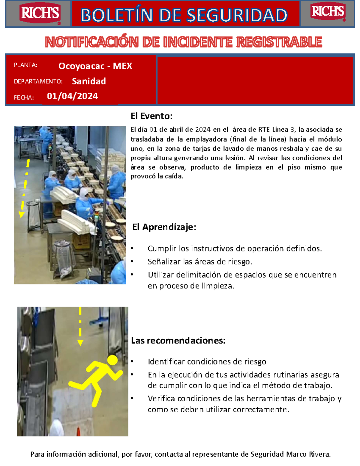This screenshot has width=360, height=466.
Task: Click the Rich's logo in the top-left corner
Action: point(40,14)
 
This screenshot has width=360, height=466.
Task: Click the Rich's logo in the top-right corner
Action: point(328,12)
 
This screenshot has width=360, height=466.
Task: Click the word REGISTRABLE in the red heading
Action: point(279,42)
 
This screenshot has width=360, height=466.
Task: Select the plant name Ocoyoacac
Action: point(81,66)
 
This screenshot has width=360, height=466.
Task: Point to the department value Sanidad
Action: point(89,81)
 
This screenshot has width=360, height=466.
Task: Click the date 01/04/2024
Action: point(72,96)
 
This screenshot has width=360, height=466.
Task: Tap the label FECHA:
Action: point(24,98)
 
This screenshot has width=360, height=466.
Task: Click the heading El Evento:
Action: point(151,116)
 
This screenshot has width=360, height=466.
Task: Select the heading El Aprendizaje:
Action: point(164,227)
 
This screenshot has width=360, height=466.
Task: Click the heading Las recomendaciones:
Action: point(178,341)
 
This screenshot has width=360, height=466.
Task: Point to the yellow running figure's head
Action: point(112,360)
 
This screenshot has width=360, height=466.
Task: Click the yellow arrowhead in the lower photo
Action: point(80,342)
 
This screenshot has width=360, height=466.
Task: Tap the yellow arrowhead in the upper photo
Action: point(22,214)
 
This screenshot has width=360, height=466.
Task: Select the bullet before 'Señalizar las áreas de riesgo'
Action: point(132,262)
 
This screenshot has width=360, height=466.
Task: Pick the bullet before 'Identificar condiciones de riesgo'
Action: point(132,362)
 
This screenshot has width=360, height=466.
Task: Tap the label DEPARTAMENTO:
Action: point(38,82)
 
